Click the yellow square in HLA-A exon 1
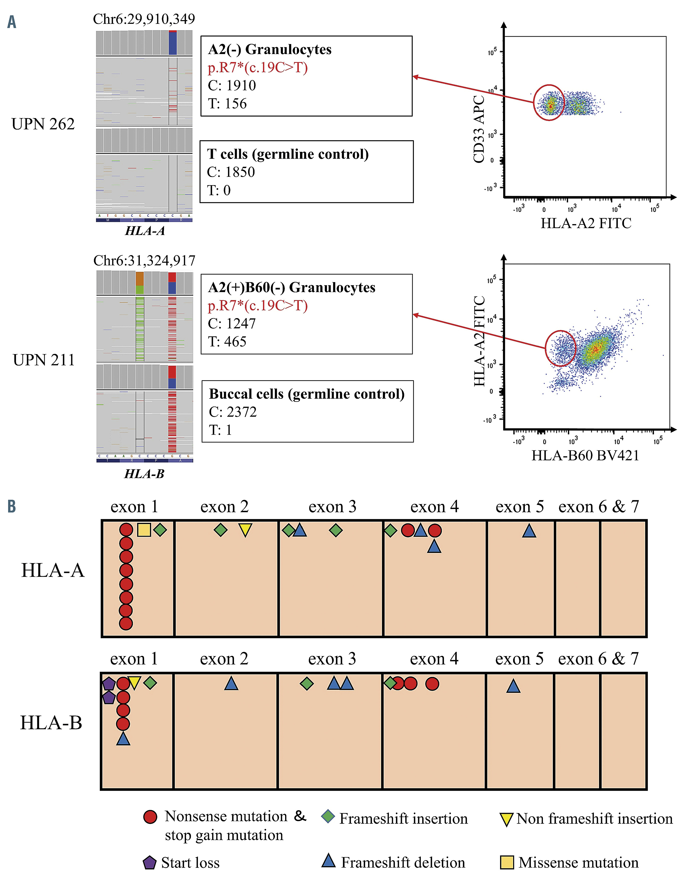[144, 530]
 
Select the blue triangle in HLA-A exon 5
[529, 531]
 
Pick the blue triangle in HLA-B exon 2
[231, 684]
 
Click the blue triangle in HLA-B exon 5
[513, 687]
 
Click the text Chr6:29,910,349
[144, 19]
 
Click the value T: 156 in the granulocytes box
[227, 104]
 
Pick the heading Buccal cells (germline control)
[307, 394]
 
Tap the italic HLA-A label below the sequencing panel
[145, 231]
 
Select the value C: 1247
[232, 323]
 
